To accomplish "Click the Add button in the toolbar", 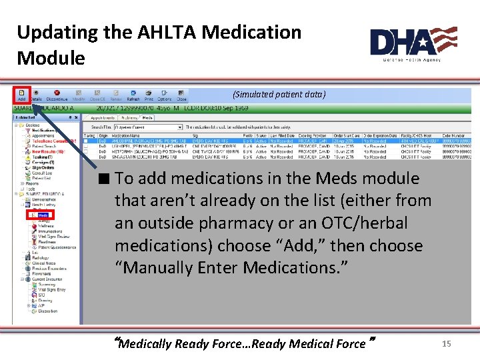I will click(x=21, y=95).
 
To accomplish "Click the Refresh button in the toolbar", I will click(x=133, y=95).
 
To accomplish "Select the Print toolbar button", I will click(x=149, y=95).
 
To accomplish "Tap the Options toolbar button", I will click(x=165, y=95).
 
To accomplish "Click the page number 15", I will click(x=447, y=343).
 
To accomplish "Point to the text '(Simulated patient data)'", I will click(x=279, y=95).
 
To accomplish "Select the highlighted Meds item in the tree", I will click(x=41, y=215).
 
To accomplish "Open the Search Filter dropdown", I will click(x=147, y=127).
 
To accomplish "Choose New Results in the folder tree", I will click(x=48, y=151).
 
